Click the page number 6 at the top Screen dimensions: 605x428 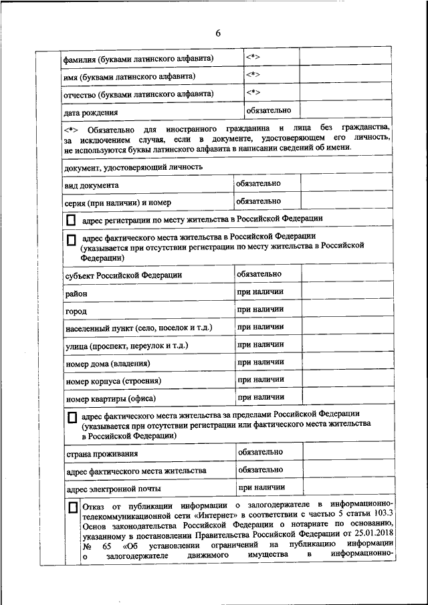[x=218, y=34]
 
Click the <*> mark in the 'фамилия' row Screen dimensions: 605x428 [x=253, y=57]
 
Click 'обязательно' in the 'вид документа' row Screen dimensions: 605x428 [x=258, y=183]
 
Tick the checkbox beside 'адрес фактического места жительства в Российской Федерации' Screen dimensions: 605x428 [x=72, y=239]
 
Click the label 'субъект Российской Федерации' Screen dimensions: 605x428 [x=124, y=275]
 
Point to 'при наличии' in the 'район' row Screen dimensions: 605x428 [x=260, y=291]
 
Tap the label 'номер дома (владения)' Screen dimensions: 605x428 [x=108, y=364]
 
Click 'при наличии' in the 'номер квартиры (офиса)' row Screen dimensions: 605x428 [x=260, y=397]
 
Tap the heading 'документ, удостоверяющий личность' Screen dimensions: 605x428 [x=134, y=167]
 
